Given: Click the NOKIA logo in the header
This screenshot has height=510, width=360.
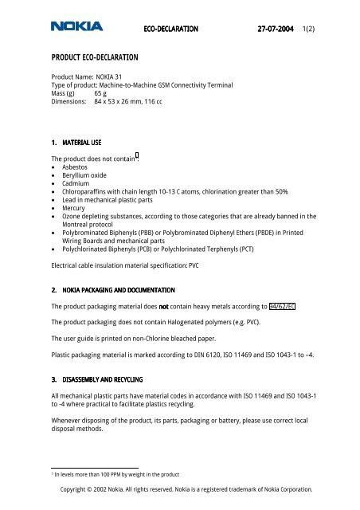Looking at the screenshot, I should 76,27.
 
